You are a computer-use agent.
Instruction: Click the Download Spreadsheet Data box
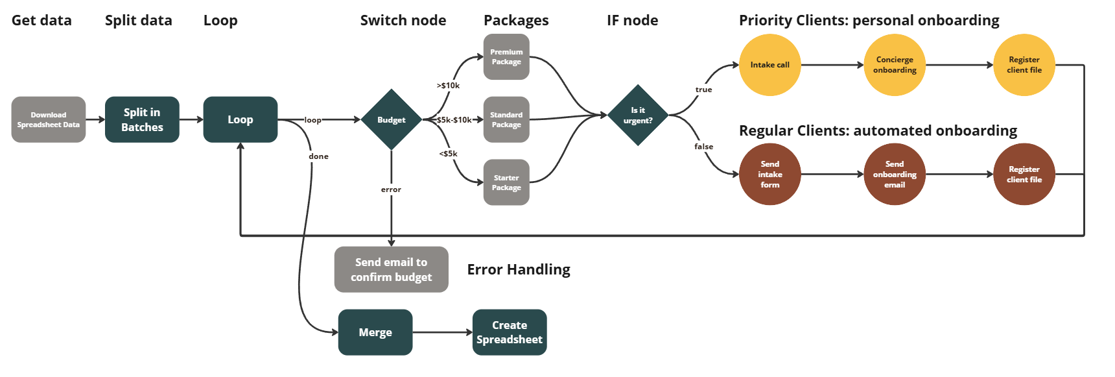[x=49, y=120]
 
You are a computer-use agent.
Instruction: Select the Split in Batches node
[x=142, y=120]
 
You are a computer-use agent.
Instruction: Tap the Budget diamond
[x=392, y=120]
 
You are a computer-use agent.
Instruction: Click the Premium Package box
[x=506, y=57]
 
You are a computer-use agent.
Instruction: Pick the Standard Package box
[x=506, y=120]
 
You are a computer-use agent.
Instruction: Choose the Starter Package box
[x=506, y=182]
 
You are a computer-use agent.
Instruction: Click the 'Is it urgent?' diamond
[x=638, y=116]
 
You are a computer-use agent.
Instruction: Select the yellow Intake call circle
[x=769, y=65]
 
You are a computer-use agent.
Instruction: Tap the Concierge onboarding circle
[x=895, y=65]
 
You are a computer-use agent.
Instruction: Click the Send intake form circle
[x=769, y=175]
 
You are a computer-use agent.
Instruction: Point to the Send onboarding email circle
[x=895, y=175]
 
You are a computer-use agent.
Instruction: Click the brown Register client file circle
[x=1024, y=175]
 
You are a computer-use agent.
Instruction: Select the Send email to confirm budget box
[x=392, y=269]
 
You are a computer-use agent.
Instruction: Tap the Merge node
[x=375, y=332]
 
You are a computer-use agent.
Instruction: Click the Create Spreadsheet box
[x=510, y=332]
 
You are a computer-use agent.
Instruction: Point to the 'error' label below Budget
[x=391, y=189]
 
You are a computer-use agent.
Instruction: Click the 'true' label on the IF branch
[x=703, y=90]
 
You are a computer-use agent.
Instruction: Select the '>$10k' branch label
[x=448, y=86]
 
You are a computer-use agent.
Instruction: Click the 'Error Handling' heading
[x=519, y=269]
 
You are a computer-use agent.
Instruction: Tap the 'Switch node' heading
[x=403, y=20]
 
